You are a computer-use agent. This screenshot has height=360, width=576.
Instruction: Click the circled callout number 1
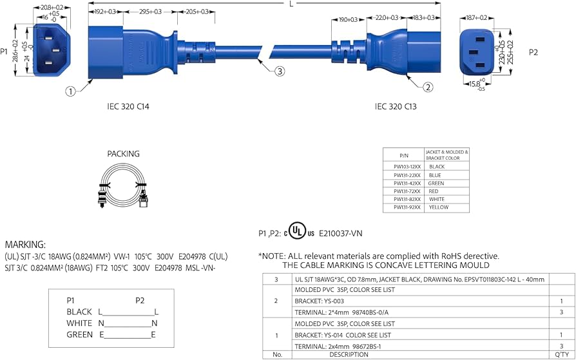pos(70,91)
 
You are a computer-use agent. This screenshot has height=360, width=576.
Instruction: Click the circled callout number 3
pos(279,71)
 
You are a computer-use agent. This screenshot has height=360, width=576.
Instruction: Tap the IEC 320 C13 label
pos(396,106)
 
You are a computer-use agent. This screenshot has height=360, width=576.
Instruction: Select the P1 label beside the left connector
pos(5,51)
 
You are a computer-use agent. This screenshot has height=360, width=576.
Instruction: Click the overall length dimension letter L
pos(292,4)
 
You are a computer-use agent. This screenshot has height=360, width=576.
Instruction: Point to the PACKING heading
pos(123,154)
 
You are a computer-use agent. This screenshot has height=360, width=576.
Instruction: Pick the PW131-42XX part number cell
pos(407,183)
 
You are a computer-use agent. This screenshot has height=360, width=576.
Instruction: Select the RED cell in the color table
pos(435,191)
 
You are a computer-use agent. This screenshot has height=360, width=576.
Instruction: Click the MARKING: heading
pos(25,245)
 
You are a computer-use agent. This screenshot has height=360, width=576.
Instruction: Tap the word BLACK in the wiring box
pos(79,312)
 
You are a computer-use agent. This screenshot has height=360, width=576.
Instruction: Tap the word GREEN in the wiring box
pos(79,335)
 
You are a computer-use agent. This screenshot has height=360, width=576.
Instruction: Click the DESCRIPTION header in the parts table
pos(349,354)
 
